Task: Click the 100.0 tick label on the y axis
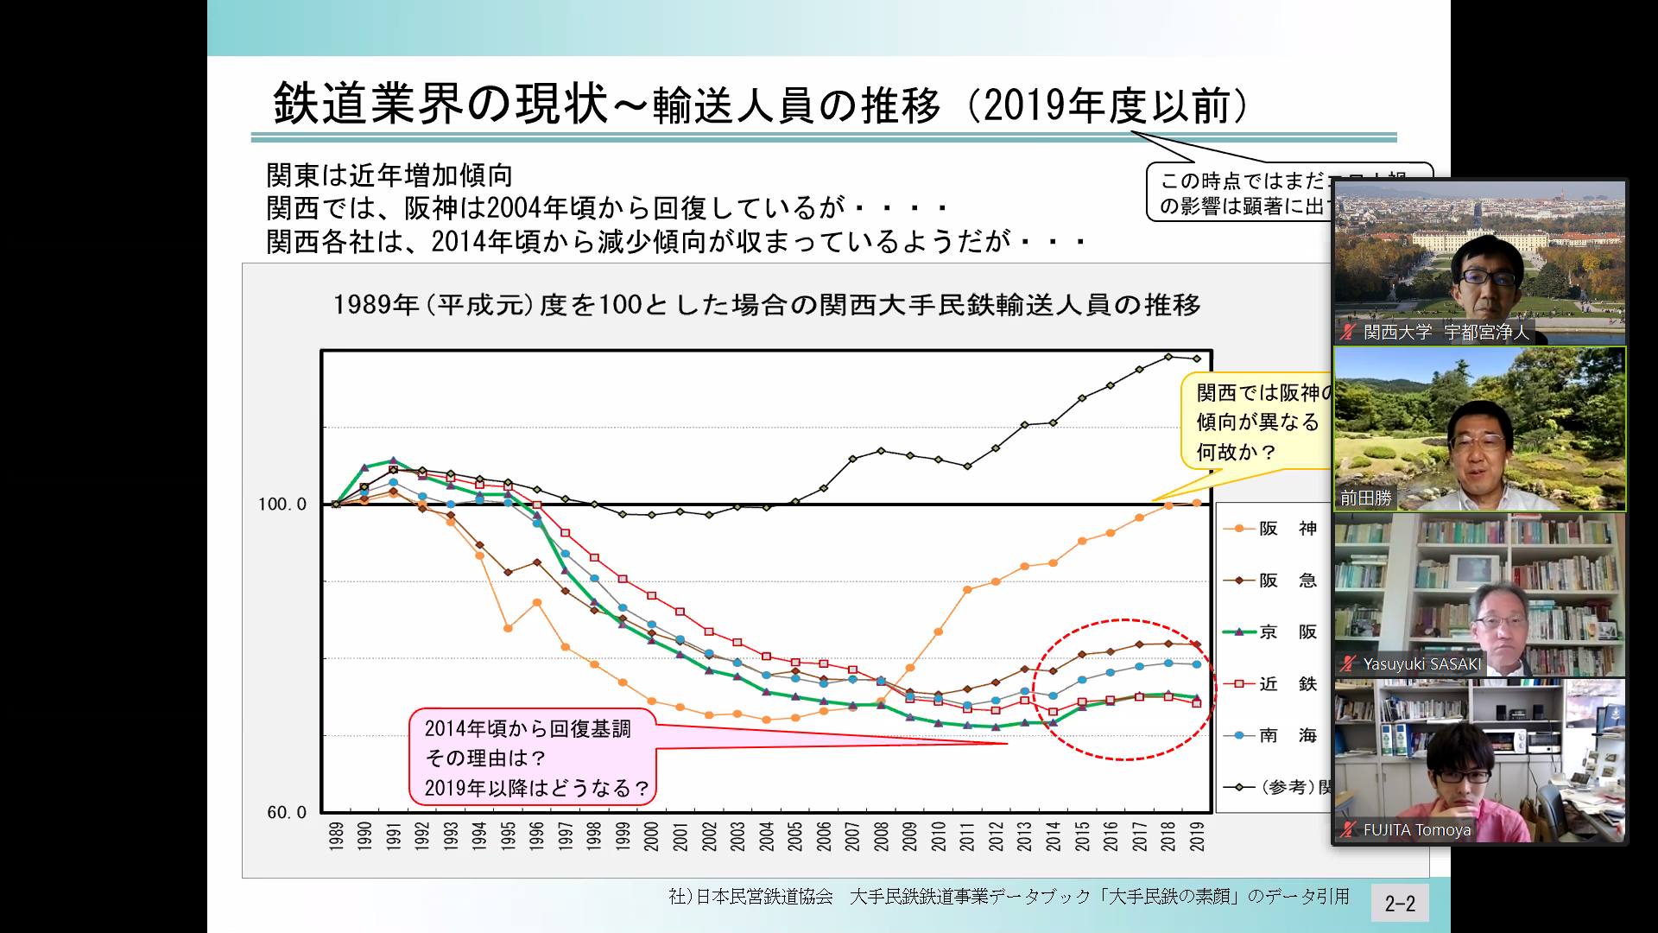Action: coord(282,504)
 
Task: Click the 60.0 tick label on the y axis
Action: coord(287,812)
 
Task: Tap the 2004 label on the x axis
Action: coord(766,836)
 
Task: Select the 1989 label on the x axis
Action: coord(336,836)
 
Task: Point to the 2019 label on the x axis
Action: coord(1197,836)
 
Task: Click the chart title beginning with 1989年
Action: coord(767,305)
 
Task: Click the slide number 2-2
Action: coord(1400,904)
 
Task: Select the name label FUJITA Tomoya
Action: coord(1416,830)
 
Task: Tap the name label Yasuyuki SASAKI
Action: coord(1421,664)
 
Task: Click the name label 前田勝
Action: coord(1366,498)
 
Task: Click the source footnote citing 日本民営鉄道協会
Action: coord(1009,897)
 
